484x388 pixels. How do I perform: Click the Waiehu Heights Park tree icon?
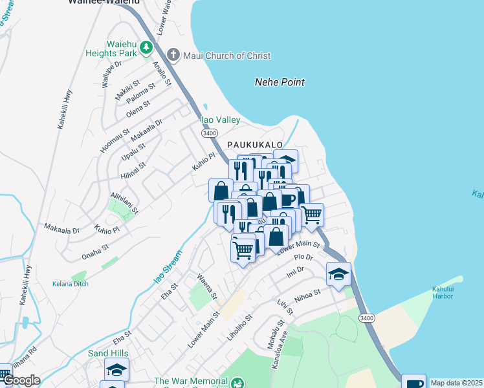146,47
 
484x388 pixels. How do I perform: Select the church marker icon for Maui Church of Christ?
173,55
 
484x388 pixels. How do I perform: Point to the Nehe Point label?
280,82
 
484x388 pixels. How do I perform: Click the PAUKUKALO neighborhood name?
254,145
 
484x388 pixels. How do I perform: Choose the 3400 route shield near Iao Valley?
208,133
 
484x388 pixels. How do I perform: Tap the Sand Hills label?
109,354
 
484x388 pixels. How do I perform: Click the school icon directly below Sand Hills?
116,369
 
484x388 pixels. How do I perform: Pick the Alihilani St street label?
124,202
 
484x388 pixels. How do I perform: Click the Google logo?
21,380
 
